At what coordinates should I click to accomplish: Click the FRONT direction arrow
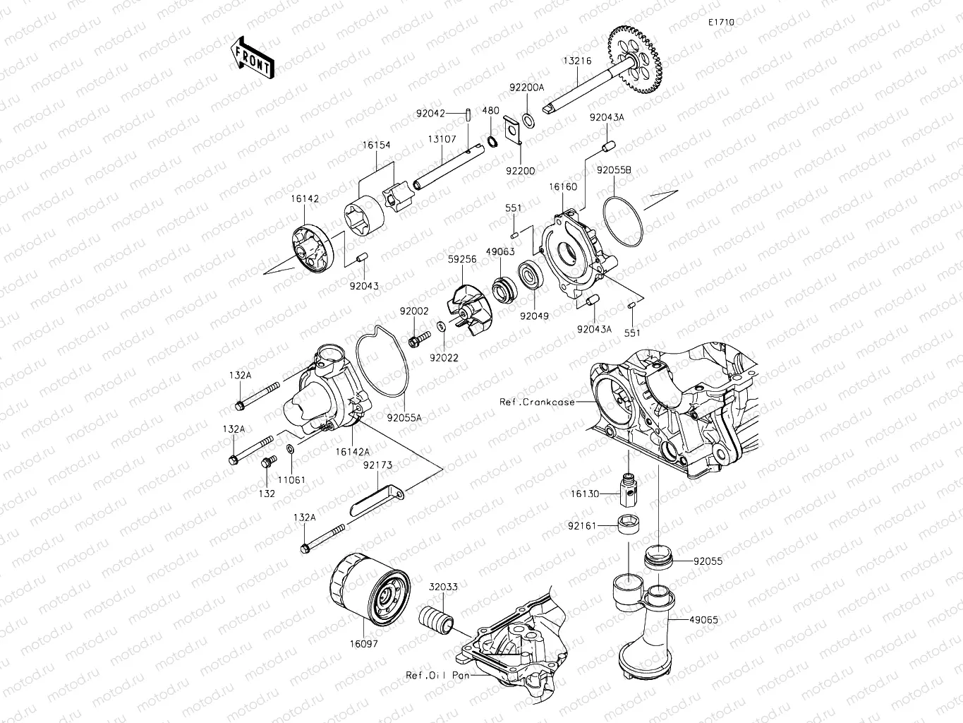(251, 56)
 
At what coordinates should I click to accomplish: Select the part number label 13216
(577, 61)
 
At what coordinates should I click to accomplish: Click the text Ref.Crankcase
(537, 402)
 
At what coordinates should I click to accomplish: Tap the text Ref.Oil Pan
(438, 675)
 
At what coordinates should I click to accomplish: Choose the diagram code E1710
(722, 23)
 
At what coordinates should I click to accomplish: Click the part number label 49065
(704, 620)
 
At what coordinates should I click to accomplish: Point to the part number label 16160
(563, 187)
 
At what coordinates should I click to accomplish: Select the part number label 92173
(378, 466)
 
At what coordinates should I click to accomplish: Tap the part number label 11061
(291, 480)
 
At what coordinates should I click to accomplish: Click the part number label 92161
(583, 526)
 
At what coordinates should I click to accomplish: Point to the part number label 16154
(377, 145)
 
